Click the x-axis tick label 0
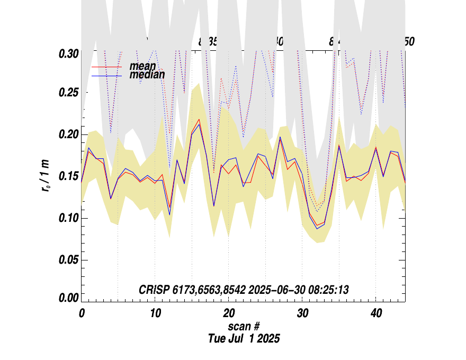pyautogui.click(x=82, y=313)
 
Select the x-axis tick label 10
pyautogui.click(x=155, y=313)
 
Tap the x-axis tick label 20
pyautogui.click(x=229, y=313)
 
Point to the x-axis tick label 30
pyautogui.click(x=302, y=313)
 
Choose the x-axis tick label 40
pyautogui.click(x=376, y=313)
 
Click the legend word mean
pyautogui.click(x=142, y=66)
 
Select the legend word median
pyautogui.click(x=147, y=75)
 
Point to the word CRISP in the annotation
pyautogui.click(x=153, y=290)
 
